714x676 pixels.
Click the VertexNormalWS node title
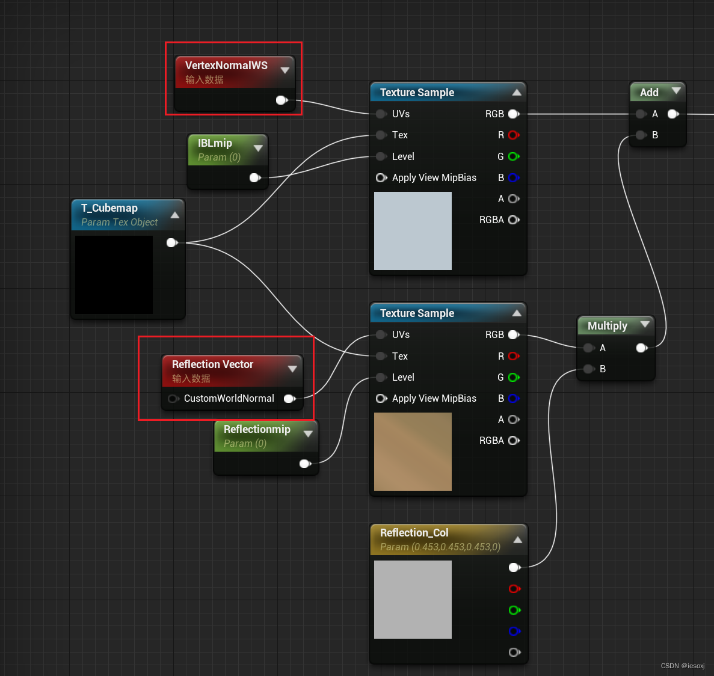(x=226, y=66)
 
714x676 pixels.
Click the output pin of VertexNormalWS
(x=281, y=100)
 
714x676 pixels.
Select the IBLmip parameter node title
(x=215, y=143)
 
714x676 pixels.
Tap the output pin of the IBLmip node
(x=254, y=177)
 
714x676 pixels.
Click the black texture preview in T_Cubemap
(x=114, y=274)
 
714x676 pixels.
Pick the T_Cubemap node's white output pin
(x=171, y=242)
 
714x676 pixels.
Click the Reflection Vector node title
(x=212, y=364)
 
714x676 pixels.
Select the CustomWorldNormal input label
(x=229, y=398)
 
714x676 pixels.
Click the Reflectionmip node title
(x=257, y=429)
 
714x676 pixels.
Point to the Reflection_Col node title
(x=414, y=533)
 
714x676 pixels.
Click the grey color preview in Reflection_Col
(x=413, y=599)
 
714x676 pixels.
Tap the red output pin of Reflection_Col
(x=514, y=589)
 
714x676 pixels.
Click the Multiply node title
(x=607, y=326)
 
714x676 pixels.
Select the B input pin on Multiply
(x=589, y=369)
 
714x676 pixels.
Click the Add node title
(x=649, y=93)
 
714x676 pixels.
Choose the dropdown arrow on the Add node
(x=676, y=91)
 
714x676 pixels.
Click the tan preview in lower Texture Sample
(x=413, y=451)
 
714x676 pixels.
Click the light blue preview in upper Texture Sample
(x=413, y=231)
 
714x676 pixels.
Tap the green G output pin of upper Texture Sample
(x=513, y=156)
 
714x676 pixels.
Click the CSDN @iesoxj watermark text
(x=682, y=666)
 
